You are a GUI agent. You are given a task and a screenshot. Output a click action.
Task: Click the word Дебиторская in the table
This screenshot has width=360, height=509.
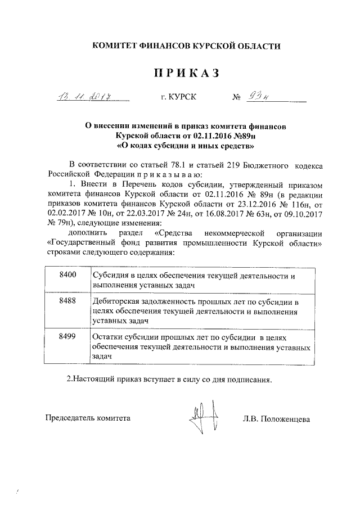pos(115,301)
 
